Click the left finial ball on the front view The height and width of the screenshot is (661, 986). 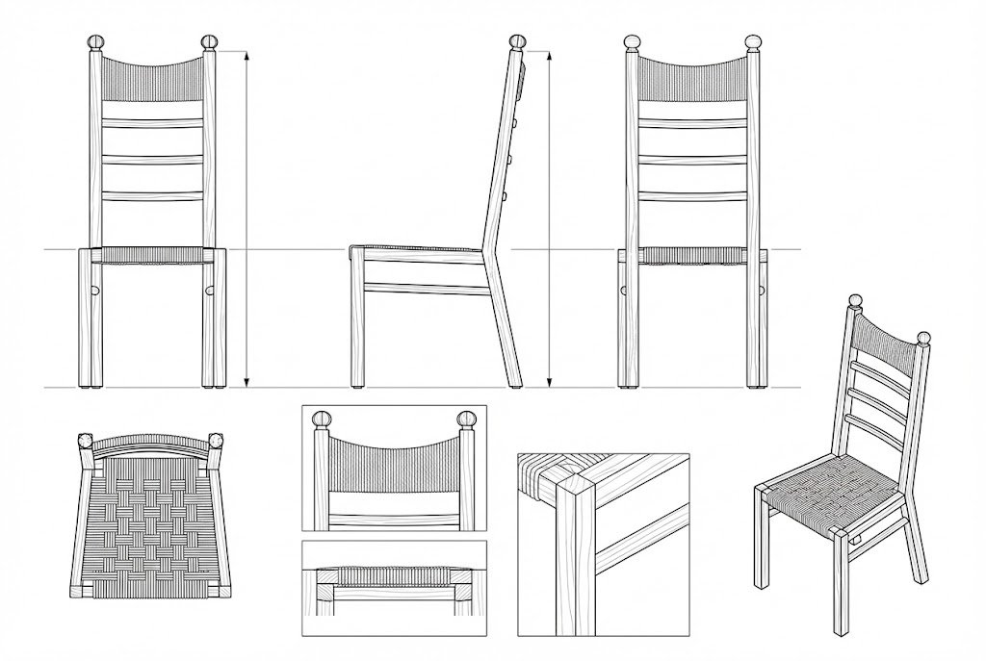pos(95,42)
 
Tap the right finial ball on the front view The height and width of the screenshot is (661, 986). pos(210,42)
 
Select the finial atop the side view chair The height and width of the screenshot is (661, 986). pos(518,42)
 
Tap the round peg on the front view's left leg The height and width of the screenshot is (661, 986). pos(97,290)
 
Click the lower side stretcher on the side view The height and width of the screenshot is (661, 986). pos(424,288)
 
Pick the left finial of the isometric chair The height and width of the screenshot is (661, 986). pos(854,302)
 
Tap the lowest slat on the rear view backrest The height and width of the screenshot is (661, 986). pos(690,196)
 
